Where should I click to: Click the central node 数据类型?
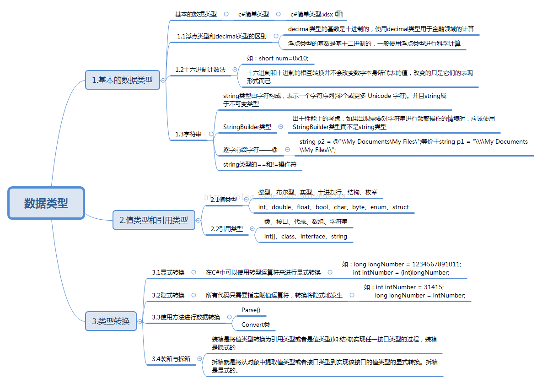pyautogui.click(x=46, y=203)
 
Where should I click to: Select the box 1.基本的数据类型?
pyautogui.click(x=122, y=80)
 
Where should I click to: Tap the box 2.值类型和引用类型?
pyautogui.click(x=154, y=220)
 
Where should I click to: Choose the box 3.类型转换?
pyautogui.click(x=111, y=321)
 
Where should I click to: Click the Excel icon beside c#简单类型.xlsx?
pyautogui.click(x=339, y=14)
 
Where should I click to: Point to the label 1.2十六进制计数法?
pyautogui.click(x=200, y=70)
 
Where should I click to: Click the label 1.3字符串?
pyautogui.click(x=188, y=134)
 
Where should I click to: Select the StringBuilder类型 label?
pyautogui.click(x=247, y=127)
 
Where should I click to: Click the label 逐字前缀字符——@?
pyautogui.click(x=250, y=150)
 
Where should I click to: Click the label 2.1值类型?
pyautogui.click(x=224, y=200)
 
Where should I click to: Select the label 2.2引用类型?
pyautogui.click(x=226, y=229)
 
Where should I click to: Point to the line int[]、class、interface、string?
pyautogui.click(x=306, y=237)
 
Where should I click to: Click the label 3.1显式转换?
pyautogui.click(x=168, y=272)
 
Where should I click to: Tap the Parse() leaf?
pyautogui.click(x=251, y=310)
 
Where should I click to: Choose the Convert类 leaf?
pyautogui.click(x=256, y=325)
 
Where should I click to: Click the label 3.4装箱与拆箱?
pyautogui.click(x=171, y=359)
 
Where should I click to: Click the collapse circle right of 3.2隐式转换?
pyautogui.click(x=193, y=295)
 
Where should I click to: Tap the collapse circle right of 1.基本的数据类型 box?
pyautogui.click(x=163, y=80)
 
